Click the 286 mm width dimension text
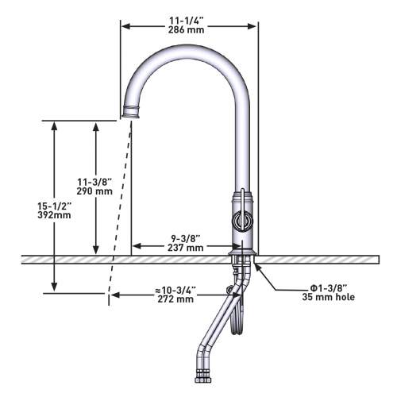point(186,29)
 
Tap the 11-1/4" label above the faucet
point(186,21)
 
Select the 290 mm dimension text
point(94,191)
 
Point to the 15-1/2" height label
point(54,206)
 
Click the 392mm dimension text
point(54,215)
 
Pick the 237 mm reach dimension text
point(186,248)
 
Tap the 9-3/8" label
point(186,238)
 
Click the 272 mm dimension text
point(175,299)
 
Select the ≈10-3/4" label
point(175,290)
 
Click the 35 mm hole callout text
point(329,297)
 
